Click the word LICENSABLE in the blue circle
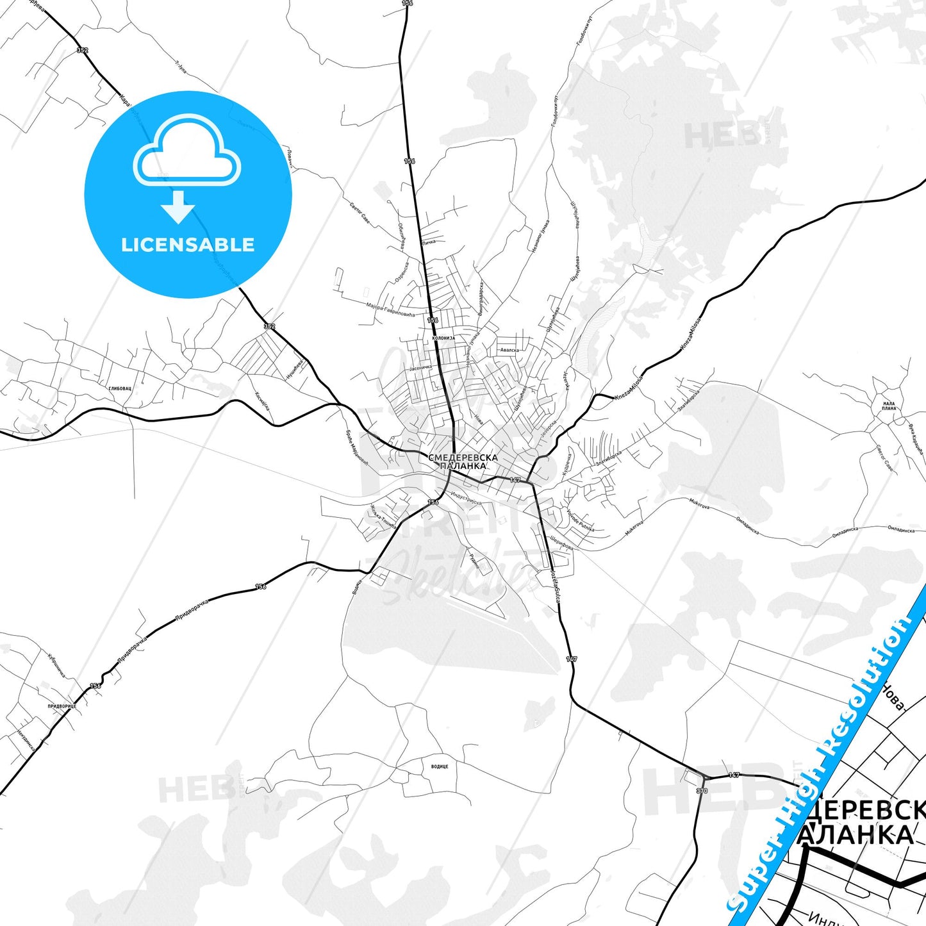coord(188,245)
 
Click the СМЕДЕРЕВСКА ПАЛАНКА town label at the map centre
coord(463,461)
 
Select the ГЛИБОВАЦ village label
coord(120,388)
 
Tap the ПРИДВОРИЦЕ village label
coord(62,706)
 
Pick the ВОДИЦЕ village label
coord(440,766)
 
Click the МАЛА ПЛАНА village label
coord(889,406)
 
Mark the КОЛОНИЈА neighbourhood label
coord(443,338)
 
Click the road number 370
coord(702,791)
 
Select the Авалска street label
coord(509,350)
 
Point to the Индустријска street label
coord(466,497)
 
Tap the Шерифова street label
coord(561,544)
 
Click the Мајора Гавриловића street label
coord(390,310)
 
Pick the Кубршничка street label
coord(56,665)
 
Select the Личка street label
coord(429,242)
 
